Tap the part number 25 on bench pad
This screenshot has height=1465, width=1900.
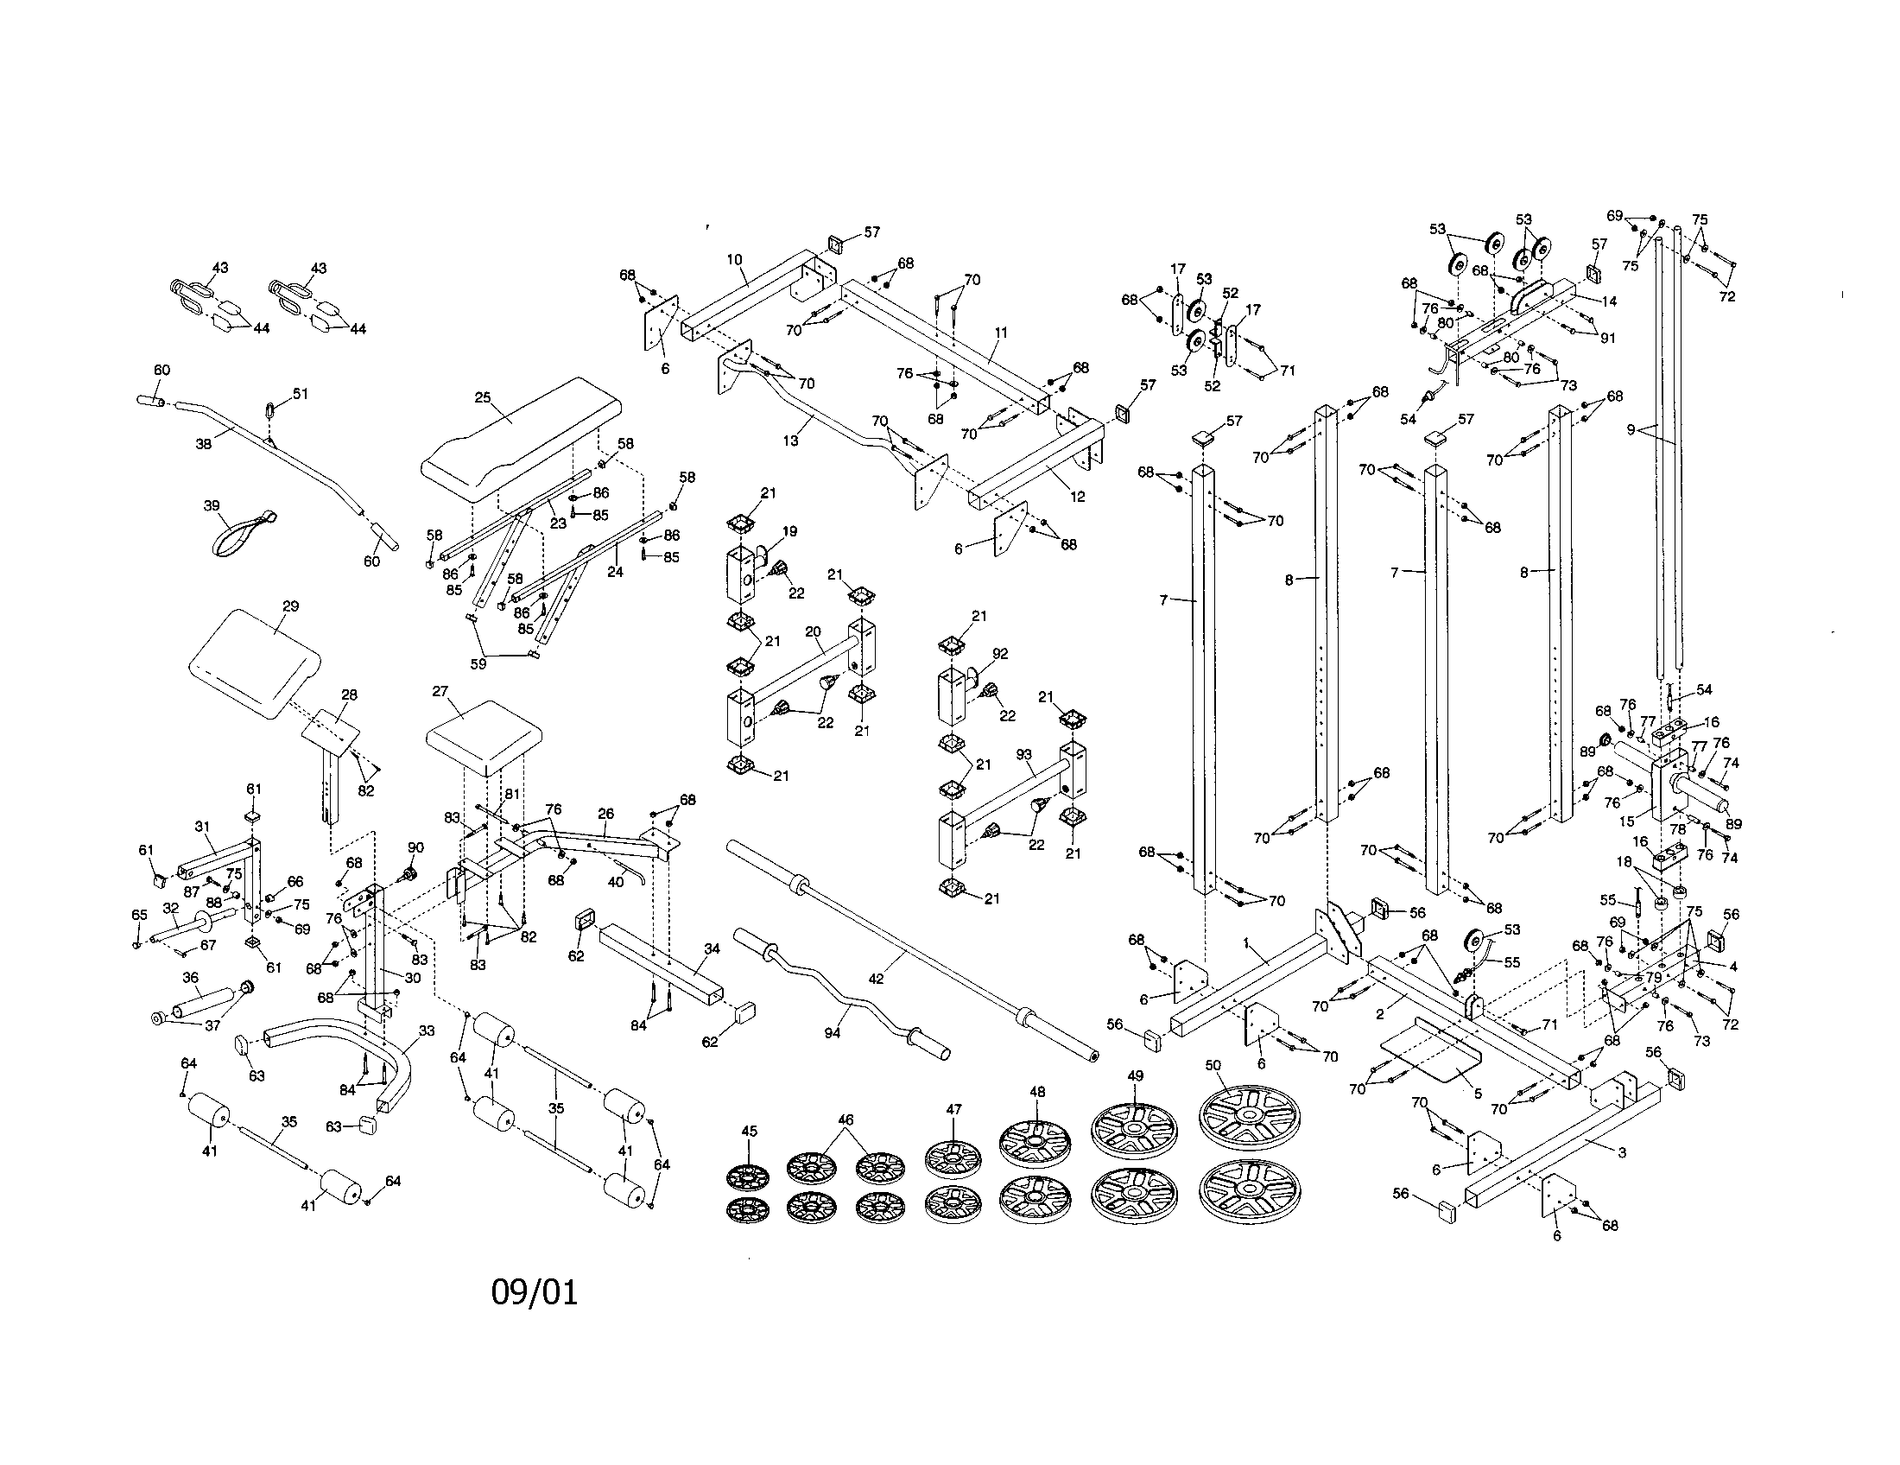click(x=483, y=397)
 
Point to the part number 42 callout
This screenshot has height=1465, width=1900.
click(x=876, y=978)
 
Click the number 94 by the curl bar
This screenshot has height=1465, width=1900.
click(x=833, y=1033)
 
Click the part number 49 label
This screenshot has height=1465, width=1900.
click(x=1136, y=1075)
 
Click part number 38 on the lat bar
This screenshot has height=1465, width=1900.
click(x=204, y=443)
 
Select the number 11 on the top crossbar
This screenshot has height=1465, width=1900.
click(x=1001, y=332)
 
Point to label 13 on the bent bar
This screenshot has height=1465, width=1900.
click(x=790, y=441)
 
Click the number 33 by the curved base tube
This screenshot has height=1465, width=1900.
click(x=427, y=1030)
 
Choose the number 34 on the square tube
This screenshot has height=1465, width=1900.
click(x=712, y=948)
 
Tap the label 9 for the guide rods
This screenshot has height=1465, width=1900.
click(x=1631, y=428)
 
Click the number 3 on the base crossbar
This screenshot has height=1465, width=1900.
click(x=1621, y=1152)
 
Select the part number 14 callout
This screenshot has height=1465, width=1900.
click(x=1610, y=301)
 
